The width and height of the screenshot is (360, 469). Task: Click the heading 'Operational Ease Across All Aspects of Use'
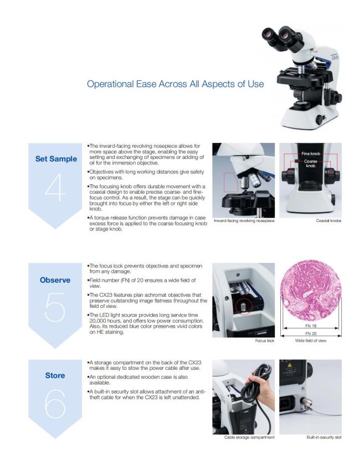tap(176, 84)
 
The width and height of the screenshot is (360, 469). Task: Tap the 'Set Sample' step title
tap(56, 159)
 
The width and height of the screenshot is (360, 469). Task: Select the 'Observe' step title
tap(55, 280)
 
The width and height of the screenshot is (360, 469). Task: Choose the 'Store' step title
tap(55, 375)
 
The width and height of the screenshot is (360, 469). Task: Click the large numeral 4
tap(55, 188)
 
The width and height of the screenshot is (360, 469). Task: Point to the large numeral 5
tap(55, 307)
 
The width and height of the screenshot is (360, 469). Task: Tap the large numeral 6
tap(55, 404)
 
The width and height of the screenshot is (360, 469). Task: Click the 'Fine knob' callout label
tap(311, 153)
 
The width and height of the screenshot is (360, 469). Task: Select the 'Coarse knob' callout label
tap(311, 163)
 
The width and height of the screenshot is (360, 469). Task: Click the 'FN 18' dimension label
tap(311, 326)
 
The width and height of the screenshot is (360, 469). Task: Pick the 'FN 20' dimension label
tap(311, 333)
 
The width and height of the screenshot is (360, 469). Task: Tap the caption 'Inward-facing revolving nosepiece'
tap(244, 221)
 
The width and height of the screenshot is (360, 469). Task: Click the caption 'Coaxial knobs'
tap(328, 221)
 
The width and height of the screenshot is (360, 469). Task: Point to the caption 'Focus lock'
tap(265, 341)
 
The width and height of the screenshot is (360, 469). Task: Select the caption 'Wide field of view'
tap(311, 341)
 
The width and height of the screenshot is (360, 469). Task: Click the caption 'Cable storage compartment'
tap(249, 437)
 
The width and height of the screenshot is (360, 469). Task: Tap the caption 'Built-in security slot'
tap(324, 437)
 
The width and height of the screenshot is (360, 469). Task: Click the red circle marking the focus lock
tap(244, 307)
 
